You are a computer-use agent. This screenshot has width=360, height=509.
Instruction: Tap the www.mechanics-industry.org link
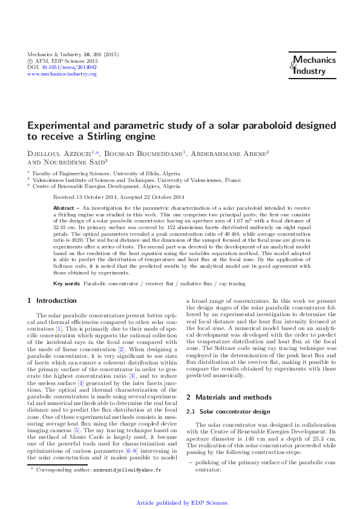pos(62,74)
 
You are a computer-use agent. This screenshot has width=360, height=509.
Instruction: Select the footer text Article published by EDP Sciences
pos(182,503)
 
